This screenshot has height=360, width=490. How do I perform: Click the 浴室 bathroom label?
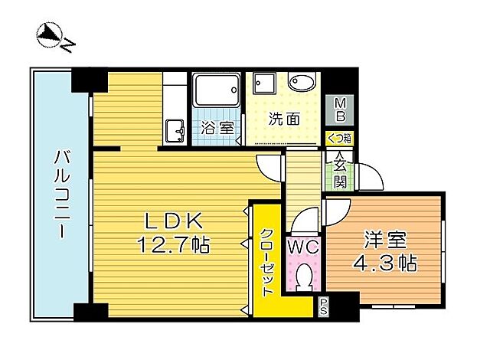[217, 128]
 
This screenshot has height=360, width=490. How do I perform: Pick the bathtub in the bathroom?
[216, 93]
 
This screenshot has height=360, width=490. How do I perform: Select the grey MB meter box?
[340, 110]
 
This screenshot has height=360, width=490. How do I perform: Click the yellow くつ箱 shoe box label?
[339, 139]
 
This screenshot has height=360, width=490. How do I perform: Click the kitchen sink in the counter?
[174, 130]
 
